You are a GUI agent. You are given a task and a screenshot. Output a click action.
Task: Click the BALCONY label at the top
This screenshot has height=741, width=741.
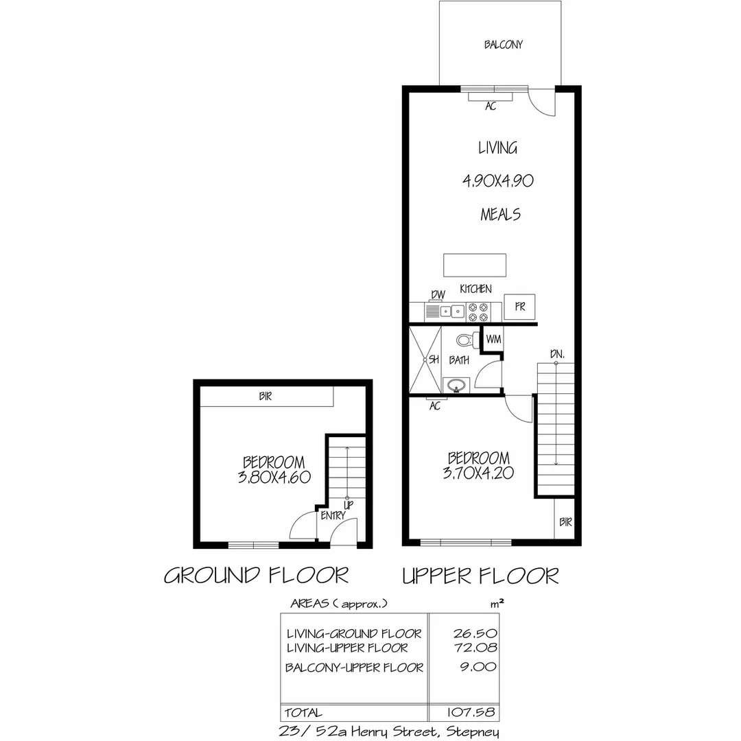click(x=503, y=45)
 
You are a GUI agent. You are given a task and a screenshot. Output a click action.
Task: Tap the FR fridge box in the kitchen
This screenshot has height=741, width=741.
click(x=519, y=307)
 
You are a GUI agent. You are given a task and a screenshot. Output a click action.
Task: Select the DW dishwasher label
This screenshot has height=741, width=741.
click(x=437, y=295)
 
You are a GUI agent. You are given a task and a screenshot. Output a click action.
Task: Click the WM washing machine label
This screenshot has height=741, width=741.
click(x=493, y=339)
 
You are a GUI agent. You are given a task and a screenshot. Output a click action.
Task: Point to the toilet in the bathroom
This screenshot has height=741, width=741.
click(x=466, y=340)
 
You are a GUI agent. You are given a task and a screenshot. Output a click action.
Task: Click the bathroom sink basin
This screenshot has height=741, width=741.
click(x=456, y=386)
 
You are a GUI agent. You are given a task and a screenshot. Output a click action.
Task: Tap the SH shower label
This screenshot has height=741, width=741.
click(x=434, y=360)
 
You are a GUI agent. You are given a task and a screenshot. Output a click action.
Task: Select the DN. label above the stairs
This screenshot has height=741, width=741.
click(x=556, y=354)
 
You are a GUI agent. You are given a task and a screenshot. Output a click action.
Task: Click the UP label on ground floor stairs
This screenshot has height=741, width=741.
click(x=348, y=505)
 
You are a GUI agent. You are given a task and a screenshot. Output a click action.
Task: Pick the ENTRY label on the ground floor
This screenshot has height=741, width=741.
click(x=333, y=516)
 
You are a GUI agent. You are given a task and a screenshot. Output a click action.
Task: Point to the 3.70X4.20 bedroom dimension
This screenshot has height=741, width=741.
click(x=478, y=472)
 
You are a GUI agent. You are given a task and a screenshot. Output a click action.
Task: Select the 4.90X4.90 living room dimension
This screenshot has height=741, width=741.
click(x=497, y=181)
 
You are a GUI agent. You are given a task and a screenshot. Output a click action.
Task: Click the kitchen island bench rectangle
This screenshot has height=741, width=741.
click(x=475, y=265)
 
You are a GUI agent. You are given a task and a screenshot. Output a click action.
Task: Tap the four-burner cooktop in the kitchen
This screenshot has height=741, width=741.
click(x=478, y=312)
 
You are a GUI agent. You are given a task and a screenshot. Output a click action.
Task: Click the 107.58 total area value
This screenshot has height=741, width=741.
click(x=473, y=712)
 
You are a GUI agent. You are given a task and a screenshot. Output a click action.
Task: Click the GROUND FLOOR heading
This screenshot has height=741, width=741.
click(x=256, y=575)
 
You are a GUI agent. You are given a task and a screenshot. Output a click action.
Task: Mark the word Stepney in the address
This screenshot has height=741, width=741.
click(x=472, y=731)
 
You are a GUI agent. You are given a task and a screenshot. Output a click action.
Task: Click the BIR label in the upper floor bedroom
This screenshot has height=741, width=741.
click(x=565, y=522)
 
